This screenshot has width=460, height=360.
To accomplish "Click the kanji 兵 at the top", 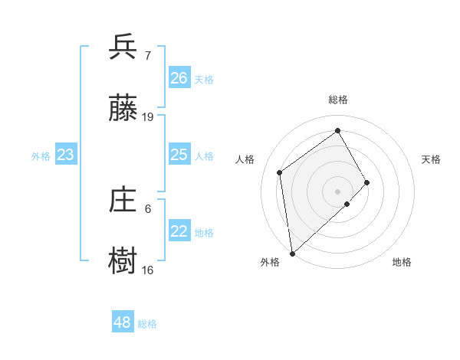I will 123,47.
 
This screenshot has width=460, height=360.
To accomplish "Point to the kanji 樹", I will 123,262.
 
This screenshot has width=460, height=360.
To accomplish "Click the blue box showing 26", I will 179,78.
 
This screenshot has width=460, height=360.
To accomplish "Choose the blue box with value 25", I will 179,155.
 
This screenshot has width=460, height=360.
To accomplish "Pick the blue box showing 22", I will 179,231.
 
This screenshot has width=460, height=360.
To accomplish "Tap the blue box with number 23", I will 65,155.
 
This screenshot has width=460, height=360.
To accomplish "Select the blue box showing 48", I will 123,322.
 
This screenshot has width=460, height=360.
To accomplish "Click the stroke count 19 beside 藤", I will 148,117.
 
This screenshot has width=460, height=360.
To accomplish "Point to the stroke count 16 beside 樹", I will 148,270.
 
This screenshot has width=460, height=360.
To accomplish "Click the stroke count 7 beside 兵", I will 148,55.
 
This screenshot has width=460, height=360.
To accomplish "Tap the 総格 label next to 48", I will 147,324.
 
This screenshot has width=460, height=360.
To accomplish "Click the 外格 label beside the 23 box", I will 41,156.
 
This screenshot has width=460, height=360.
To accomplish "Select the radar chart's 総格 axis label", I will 338,100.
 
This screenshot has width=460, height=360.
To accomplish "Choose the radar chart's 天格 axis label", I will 432,159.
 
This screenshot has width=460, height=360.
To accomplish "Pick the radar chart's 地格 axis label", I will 402,262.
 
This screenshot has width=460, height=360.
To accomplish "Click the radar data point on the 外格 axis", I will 291,254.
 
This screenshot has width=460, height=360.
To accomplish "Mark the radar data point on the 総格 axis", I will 338,130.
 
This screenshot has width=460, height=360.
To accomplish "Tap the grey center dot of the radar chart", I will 338,191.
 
